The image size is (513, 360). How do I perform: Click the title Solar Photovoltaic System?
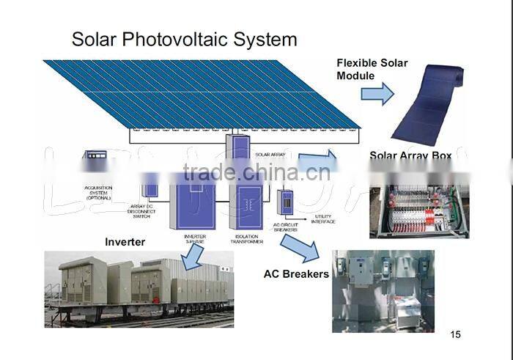coord(184,39)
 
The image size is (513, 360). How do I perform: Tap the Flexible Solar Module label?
coord(372,69)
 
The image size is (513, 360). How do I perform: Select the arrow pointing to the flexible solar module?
coord(377,93)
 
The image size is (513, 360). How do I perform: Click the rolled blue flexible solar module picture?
coord(428,105)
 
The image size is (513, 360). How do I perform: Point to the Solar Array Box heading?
coord(410,155)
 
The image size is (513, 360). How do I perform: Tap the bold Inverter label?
coord(125,242)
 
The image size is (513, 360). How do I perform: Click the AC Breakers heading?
coord(296,273)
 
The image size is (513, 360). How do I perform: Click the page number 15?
coord(456,335)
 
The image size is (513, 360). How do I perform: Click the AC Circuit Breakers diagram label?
coord(285,227)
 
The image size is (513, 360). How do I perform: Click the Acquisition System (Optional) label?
coord(97,193)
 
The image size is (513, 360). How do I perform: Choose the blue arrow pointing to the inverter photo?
coord(193,257)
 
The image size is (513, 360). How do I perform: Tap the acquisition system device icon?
coord(95,156)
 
